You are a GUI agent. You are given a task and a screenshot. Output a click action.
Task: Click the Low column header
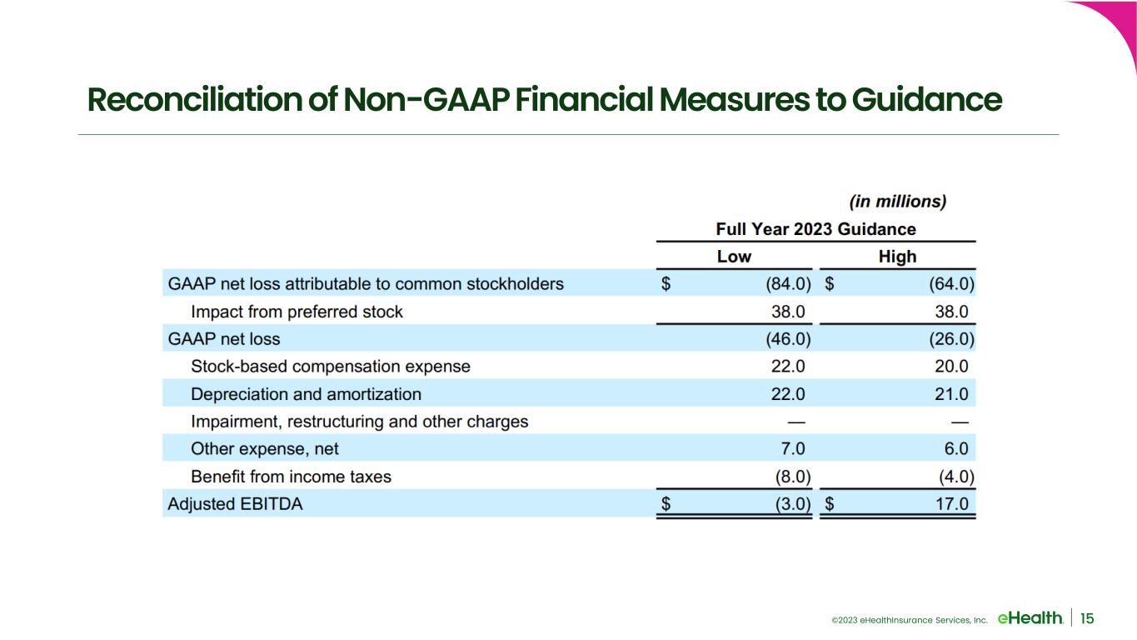coord(734,257)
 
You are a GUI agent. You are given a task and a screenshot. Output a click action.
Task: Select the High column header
coord(897,257)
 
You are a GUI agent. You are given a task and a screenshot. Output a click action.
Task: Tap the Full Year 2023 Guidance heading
coord(815,229)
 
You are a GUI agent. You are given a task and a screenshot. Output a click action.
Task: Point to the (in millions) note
coord(898,202)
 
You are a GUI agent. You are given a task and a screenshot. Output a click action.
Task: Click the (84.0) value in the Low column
coord(788,284)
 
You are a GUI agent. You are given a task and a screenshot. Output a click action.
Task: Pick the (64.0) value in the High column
coord(952,284)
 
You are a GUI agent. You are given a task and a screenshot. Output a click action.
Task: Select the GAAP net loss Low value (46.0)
coord(788,339)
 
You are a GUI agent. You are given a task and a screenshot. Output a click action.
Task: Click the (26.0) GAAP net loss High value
coord(952,339)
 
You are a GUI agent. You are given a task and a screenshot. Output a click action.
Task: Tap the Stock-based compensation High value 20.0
coord(952,366)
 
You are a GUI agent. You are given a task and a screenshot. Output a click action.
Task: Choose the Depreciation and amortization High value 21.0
coord(952,394)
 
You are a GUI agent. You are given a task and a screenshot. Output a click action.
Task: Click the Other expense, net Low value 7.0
coord(793,449)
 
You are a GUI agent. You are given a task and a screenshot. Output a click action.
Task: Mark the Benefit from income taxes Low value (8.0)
coord(793,477)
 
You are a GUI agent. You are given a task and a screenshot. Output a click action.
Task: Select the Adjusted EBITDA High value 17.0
coord(952,504)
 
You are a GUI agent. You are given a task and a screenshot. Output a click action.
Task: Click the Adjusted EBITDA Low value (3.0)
coord(793,504)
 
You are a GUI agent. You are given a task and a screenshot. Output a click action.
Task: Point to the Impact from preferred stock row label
coord(297,312)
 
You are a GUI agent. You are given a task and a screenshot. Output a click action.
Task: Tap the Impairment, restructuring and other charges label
coord(359,422)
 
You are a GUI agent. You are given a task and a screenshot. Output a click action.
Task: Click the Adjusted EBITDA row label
coord(235,504)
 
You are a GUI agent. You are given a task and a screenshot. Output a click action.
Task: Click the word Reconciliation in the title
coord(195,99)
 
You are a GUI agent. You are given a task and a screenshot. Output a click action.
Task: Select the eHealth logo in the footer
coord(1030,618)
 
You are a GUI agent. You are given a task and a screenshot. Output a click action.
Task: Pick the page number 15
coord(1087,618)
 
